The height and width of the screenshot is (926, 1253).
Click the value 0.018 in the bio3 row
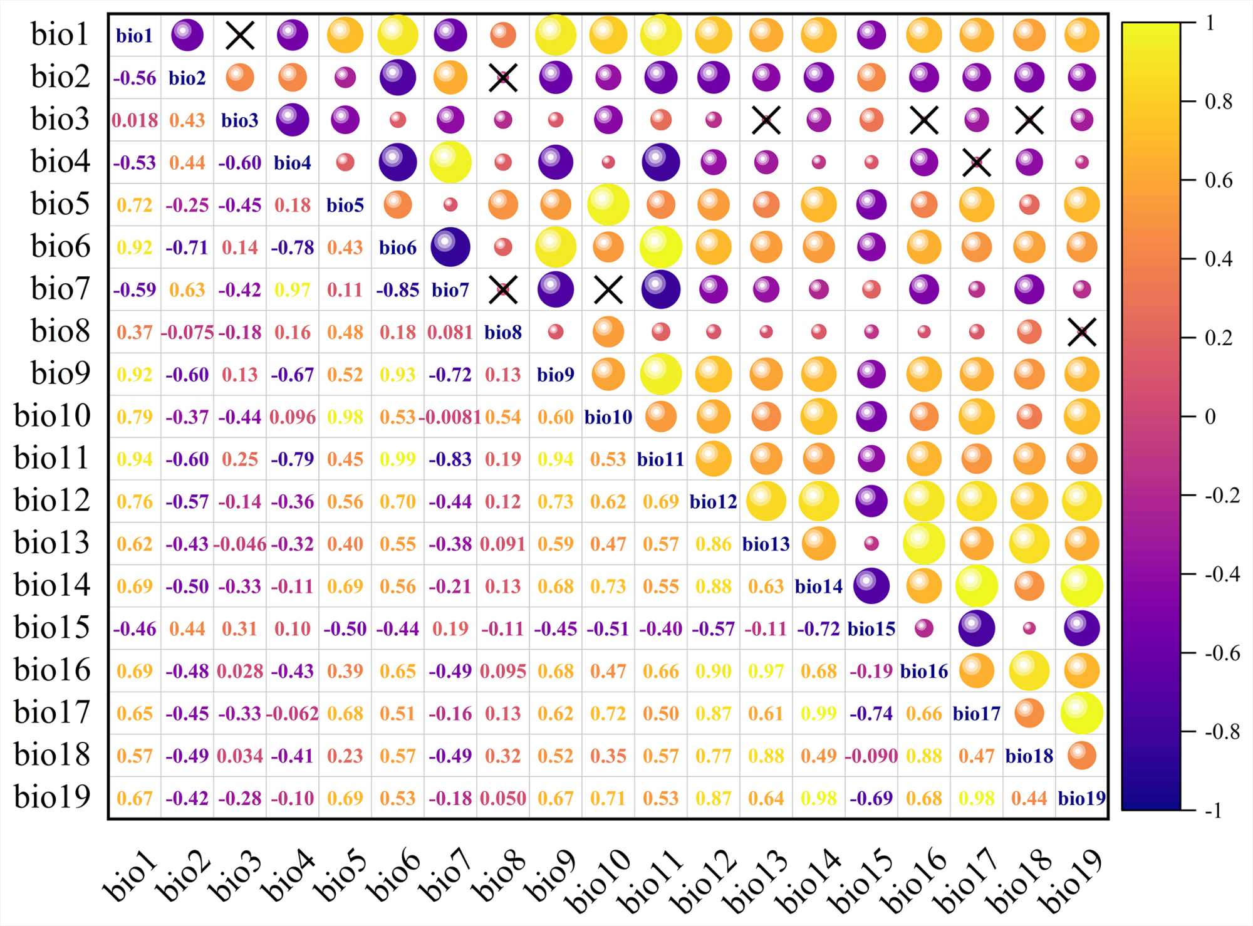click(x=135, y=120)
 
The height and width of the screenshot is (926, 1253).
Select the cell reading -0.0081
click(x=450, y=417)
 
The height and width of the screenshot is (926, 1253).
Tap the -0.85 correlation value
click(x=398, y=290)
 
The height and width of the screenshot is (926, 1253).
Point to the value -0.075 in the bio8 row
click(x=187, y=333)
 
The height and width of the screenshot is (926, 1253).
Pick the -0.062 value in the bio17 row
click(x=293, y=714)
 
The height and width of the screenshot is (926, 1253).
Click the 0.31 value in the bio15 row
click(x=240, y=629)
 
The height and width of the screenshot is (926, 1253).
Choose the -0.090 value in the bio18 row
click(x=871, y=756)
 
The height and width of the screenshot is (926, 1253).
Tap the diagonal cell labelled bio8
click(x=503, y=333)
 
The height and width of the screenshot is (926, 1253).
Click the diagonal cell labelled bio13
click(x=766, y=544)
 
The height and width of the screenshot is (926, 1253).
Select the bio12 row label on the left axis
click(x=53, y=501)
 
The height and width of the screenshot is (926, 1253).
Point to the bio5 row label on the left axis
click(x=61, y=204)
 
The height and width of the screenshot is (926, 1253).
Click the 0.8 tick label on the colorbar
click(x=1219, y=101)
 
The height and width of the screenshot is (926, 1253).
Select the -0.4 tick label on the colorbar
click(x=1222, y=574)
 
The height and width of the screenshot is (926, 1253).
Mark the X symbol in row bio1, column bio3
click(x=240, y=36)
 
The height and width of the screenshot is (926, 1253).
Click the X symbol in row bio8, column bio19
click(x=1082, y=332)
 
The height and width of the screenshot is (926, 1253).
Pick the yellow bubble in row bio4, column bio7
click(x=450, y=162)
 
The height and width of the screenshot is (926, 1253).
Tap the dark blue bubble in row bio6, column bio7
click(x=450, y=247)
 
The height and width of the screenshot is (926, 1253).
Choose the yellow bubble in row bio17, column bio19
click(x=1082, y=713)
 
